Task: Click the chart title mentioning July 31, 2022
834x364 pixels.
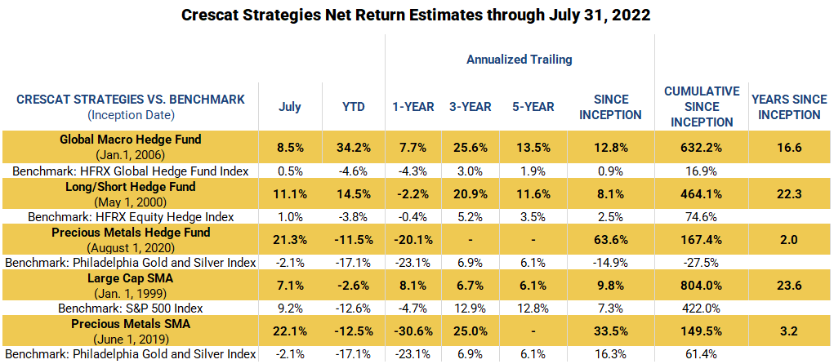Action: coord(417,16)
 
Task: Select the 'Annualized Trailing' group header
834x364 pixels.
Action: coord(519,60)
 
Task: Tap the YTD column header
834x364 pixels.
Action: coord(353,107)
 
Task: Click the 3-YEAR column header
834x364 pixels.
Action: coord(469,107)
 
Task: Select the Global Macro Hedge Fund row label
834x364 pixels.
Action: coord(131,140)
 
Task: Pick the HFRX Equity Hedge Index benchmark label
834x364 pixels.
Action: coord(131,217)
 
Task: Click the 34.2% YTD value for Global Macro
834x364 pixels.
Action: coord(353,148)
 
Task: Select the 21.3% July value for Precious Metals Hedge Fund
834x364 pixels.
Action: coord(290,241)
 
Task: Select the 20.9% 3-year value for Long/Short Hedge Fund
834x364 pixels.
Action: coord(469,194)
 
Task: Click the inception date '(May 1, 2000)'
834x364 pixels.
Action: coord(131,202)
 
